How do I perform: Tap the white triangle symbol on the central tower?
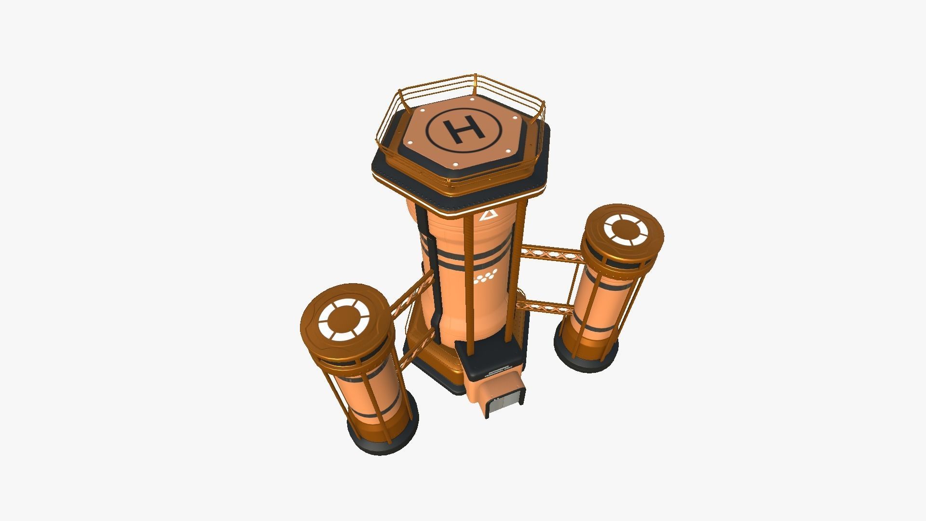point(488,215)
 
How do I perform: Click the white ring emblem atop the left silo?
point(343,319)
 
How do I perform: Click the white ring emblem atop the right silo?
point(624,231)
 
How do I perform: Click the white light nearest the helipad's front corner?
point(456,165)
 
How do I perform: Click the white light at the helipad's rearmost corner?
point(472,99)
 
